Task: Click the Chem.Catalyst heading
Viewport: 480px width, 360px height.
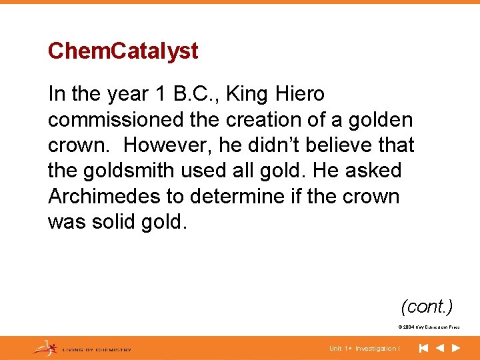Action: (123, 51)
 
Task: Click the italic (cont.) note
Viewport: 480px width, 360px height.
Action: (427, 306)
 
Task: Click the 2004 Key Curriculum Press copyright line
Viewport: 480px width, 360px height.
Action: (428, 327)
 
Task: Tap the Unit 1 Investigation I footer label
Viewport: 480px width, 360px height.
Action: (365, 349)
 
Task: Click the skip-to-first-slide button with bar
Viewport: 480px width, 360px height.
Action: (423, 348)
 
